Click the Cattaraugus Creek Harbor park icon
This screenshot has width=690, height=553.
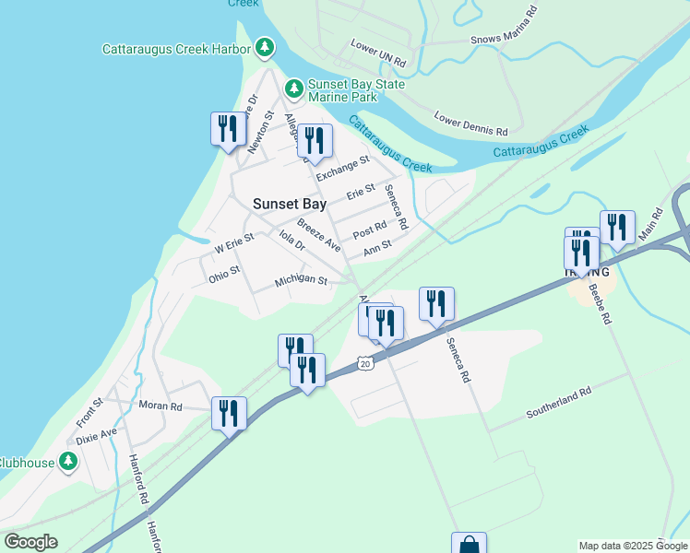(x=265, y=46)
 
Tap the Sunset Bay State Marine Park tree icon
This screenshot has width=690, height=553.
(x=294, y=88)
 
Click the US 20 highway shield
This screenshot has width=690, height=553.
(x=366, y=363)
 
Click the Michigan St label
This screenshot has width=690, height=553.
(x=301, y=280)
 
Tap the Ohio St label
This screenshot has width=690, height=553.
(x=224, y=274)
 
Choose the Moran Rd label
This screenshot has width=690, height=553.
(x=161, y=406)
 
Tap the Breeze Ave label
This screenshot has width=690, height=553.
(x=319, y=235)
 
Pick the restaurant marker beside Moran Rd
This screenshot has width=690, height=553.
(x=229, y=413)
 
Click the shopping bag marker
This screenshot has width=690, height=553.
(x=469, y=545)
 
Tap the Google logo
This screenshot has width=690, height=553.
(x=30, y=542)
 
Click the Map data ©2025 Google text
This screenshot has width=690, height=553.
(x=632, y=546)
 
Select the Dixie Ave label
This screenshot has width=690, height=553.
(x=97, y=432)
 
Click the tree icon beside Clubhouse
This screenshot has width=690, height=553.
(x=68, y=462)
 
